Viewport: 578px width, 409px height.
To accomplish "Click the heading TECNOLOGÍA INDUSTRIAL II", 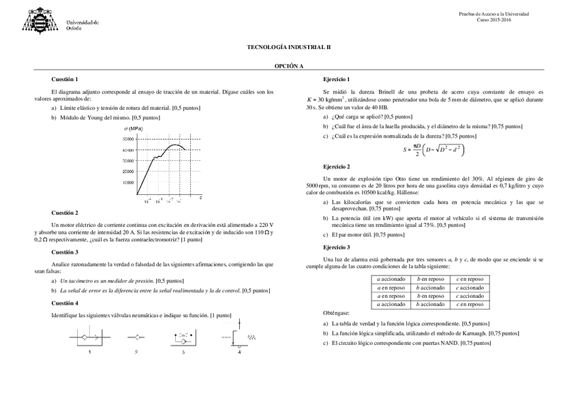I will (288, 48).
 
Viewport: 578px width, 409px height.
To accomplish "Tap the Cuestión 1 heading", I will (65, 80).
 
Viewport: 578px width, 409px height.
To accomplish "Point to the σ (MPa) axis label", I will (133, 128).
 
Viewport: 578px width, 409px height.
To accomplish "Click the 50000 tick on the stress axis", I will (127, 138).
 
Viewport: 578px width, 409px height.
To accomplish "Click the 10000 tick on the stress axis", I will (127, 182).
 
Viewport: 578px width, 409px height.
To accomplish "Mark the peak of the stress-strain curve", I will (175, 145).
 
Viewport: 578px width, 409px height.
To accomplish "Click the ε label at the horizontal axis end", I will (200, 196).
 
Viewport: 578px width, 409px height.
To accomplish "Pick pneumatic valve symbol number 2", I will (136, 337).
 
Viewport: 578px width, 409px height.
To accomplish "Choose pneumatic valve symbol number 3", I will (183, 337).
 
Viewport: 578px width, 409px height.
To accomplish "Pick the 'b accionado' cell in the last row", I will (431, 304).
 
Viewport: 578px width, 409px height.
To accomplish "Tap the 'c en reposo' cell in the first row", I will (470, 279).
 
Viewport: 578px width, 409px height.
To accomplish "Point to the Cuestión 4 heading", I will (65, 303).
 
